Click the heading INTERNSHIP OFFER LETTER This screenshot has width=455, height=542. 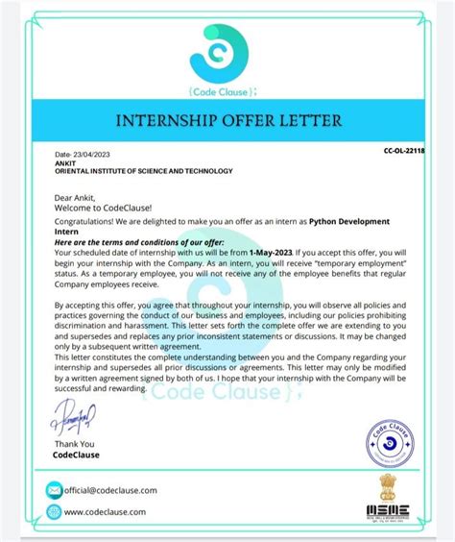227,122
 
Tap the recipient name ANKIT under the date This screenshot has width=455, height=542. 66,162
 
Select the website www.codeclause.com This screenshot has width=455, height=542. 106,513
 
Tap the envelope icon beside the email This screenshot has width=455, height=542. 54,491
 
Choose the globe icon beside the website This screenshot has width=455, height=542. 54,513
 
